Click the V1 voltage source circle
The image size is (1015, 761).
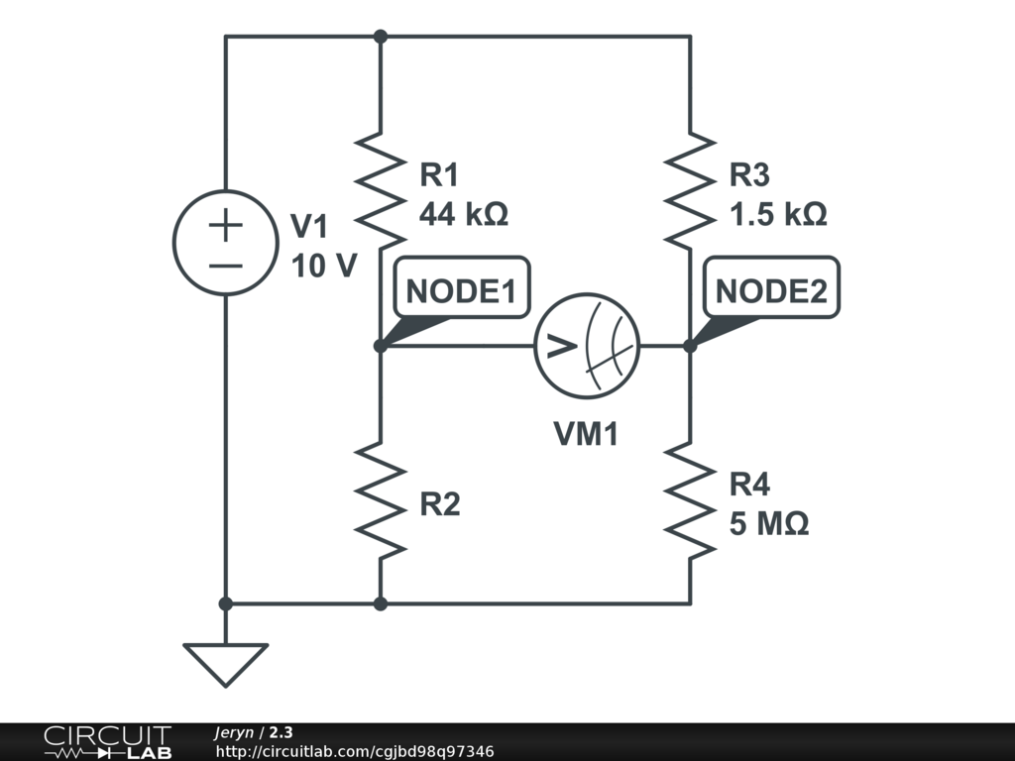point(225,242)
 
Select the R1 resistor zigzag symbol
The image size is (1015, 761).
point(381,188)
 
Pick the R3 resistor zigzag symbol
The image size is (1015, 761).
point(690,188)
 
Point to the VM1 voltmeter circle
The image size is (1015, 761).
point(587,346)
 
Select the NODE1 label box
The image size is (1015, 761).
point(462,289)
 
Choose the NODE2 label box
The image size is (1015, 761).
point(771,289)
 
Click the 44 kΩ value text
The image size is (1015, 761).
point(464,214)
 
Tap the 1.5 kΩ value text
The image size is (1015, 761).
point(778,214)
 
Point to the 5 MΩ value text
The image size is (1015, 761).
point(769,524)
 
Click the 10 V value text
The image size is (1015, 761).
point(323,266)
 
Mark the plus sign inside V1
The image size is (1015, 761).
point(226,225)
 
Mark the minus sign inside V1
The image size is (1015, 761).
point(226,265)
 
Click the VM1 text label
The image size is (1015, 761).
point(586,433)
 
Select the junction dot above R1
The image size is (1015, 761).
point(381,37)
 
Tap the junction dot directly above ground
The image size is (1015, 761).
point(226,602)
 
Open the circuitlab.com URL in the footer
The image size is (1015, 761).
point(354,752)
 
